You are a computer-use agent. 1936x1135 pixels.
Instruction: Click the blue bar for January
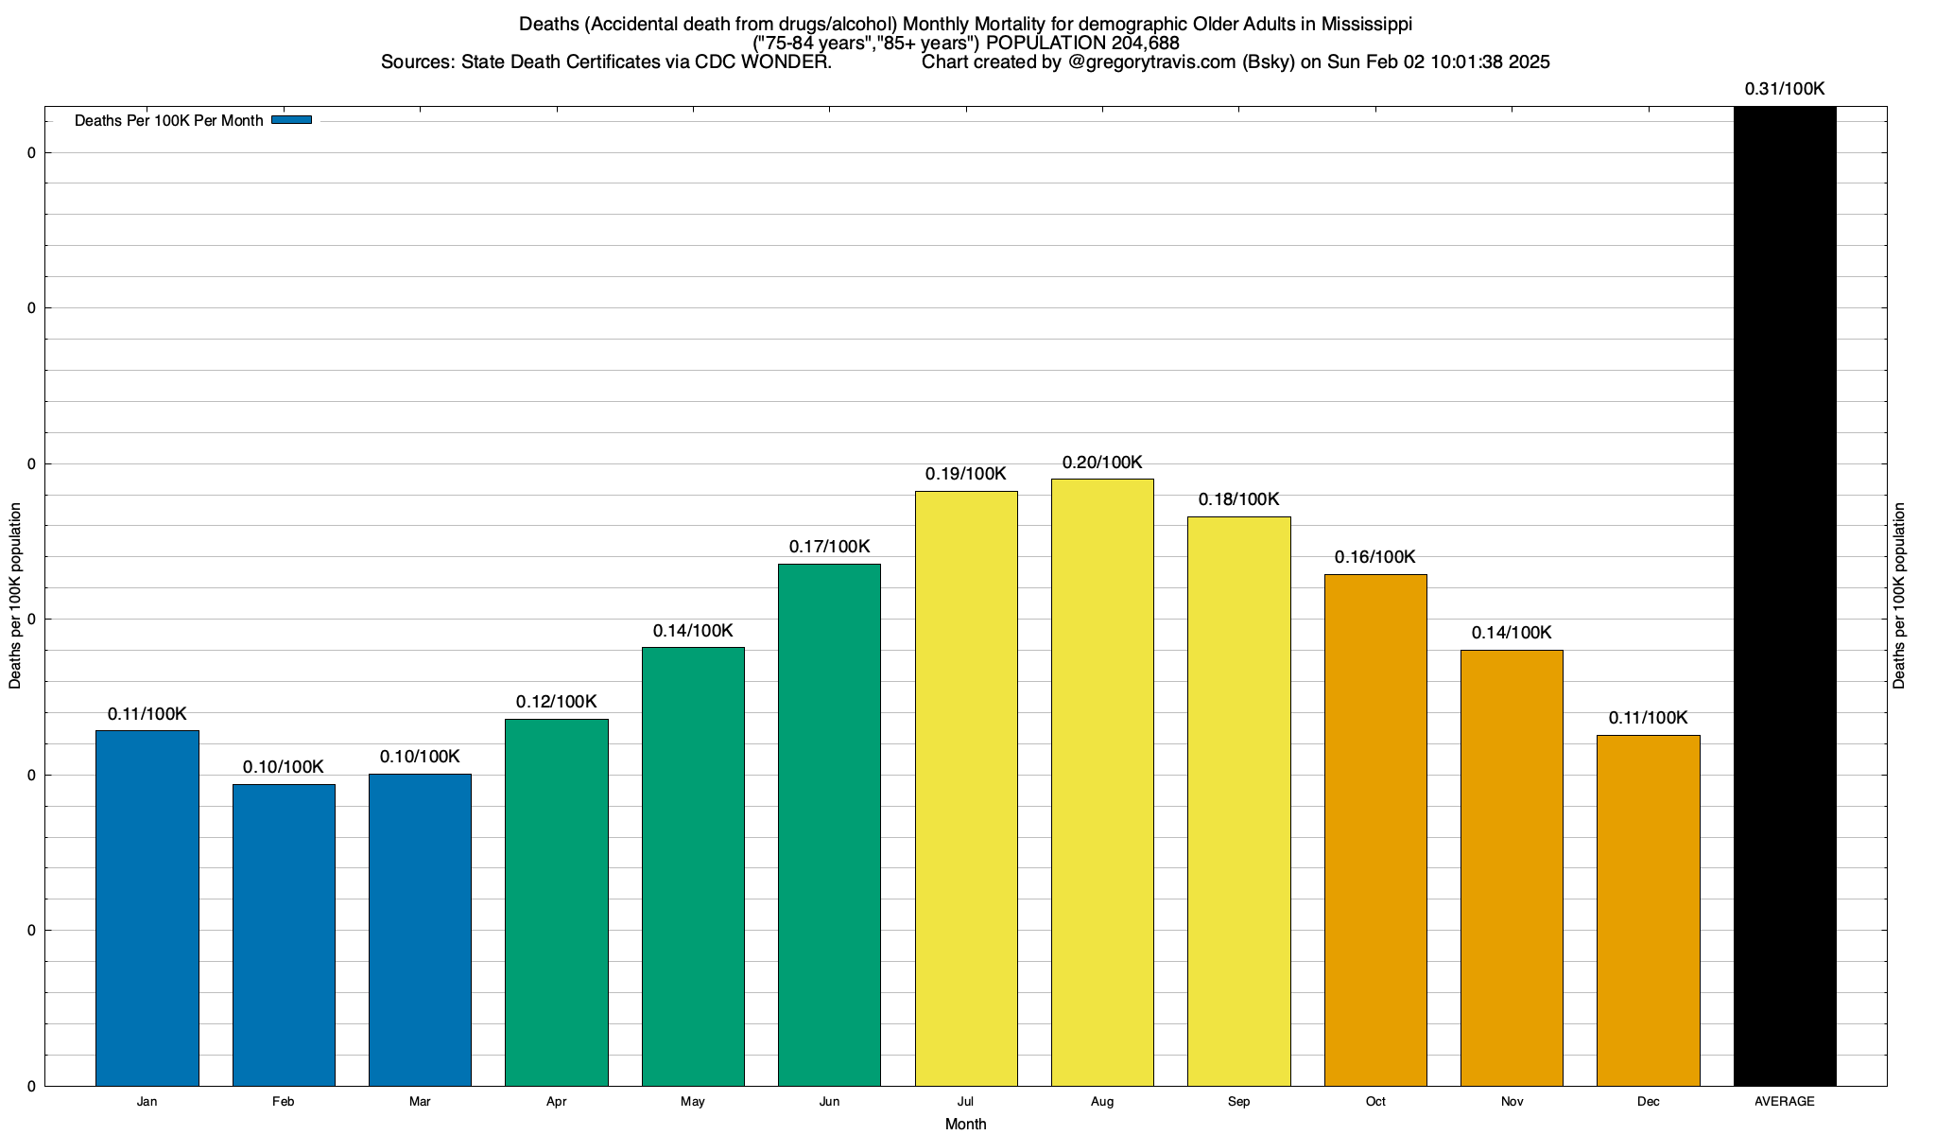(x=147, y=908)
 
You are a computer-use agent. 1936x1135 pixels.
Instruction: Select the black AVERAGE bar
(x=1785, y=596)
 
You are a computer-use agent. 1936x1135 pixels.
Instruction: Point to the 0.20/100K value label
(x=1102, y=463)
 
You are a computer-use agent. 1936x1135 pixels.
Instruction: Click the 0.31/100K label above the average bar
(x=1785, y=89)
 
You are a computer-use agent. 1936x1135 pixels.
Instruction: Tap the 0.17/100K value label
(x=829, y=547)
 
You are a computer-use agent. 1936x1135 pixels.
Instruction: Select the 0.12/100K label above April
(x=556, y=702)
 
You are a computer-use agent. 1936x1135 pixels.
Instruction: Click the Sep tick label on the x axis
(x=1238, y=1102)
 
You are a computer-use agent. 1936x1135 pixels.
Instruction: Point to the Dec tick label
(x=1648, y=1102)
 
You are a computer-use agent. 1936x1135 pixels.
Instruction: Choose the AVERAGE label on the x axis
(x=1785, y=1102)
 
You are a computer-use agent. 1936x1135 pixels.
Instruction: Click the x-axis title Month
(x=965, y=1124)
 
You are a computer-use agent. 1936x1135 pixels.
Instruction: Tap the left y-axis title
(x=15, y=596)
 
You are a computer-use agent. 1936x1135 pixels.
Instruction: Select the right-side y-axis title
(x=1899, y=596)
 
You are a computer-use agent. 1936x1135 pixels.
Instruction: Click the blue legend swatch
(x=291, y=120)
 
